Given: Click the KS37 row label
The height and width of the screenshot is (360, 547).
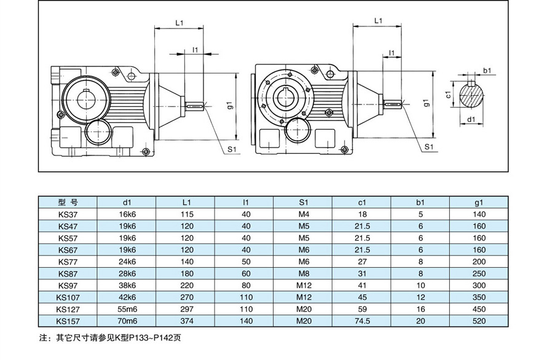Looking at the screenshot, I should click(67, 214).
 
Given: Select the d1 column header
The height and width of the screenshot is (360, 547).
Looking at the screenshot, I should click(127, 202).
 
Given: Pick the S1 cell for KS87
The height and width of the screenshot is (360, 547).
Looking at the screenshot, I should click(304, 273).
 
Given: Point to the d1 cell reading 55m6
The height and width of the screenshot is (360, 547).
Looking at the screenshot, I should click(127, 308).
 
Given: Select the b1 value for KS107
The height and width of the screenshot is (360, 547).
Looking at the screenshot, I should click(421, 297).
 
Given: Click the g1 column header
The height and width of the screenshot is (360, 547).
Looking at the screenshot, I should click(479, 202).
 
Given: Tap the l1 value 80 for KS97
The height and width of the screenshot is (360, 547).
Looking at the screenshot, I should click(246, 285).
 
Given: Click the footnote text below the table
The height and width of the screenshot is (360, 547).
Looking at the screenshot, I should click(110, 337).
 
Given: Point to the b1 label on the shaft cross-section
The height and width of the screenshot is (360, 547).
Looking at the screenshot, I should click(486, 71).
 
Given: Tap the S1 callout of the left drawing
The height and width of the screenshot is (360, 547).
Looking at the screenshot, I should click(232, 149).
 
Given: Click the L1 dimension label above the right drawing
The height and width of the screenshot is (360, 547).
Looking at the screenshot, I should click(378, 21).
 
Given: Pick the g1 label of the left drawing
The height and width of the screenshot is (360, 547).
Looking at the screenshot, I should click(229, 105).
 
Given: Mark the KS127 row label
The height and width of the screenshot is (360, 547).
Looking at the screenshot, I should click(67, 308).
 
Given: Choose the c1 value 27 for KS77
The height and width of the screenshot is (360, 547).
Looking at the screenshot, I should click(362, 261).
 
